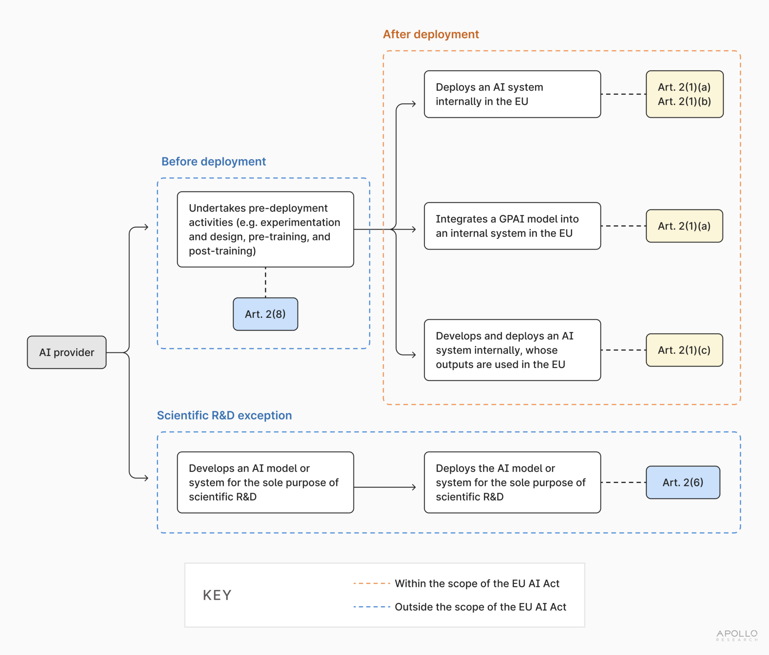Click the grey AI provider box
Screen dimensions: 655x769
point(67,352)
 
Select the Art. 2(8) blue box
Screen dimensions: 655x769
point(265,314)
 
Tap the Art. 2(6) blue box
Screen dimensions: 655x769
point(683,482)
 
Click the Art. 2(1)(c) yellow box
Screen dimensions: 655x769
point(684,350)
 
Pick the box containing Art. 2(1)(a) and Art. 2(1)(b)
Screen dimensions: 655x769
point(684,94)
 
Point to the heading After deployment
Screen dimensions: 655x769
point(431,34)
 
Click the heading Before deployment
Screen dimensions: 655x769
point(213,161)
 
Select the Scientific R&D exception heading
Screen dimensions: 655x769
point(224,415)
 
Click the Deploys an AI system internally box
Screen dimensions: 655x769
point(512,94)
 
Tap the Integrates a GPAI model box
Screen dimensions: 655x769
point(512,226)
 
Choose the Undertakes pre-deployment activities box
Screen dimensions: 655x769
point(265,229)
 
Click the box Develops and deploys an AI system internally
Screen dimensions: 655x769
point(512,350)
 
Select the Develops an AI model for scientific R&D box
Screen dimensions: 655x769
point(265,482)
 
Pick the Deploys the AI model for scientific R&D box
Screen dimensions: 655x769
point(512,482)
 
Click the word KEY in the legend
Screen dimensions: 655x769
point(217,595)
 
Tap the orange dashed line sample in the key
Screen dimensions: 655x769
point(372,584)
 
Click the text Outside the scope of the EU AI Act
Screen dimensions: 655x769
point(480,607)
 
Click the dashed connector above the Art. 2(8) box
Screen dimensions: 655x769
point(265,282)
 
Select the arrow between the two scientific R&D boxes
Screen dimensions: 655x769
point(385,487)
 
